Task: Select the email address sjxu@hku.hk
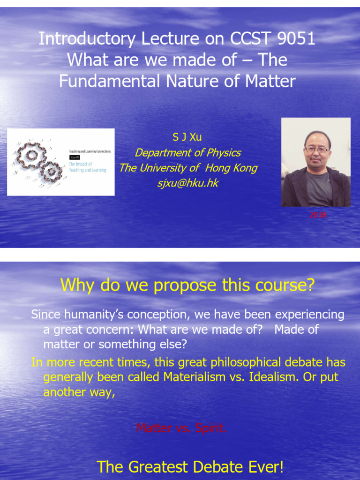click(187, 183)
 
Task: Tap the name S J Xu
click(187, 137)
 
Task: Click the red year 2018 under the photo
click(317, 215)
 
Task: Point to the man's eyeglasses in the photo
click(316, 150)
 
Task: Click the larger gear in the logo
click(30, 155)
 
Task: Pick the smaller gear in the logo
click(51, 172)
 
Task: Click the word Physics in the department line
click(224, 153)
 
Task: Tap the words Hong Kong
click(231, 168)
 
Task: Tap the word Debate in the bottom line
click(226, 467)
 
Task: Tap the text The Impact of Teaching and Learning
click(88, 167)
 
